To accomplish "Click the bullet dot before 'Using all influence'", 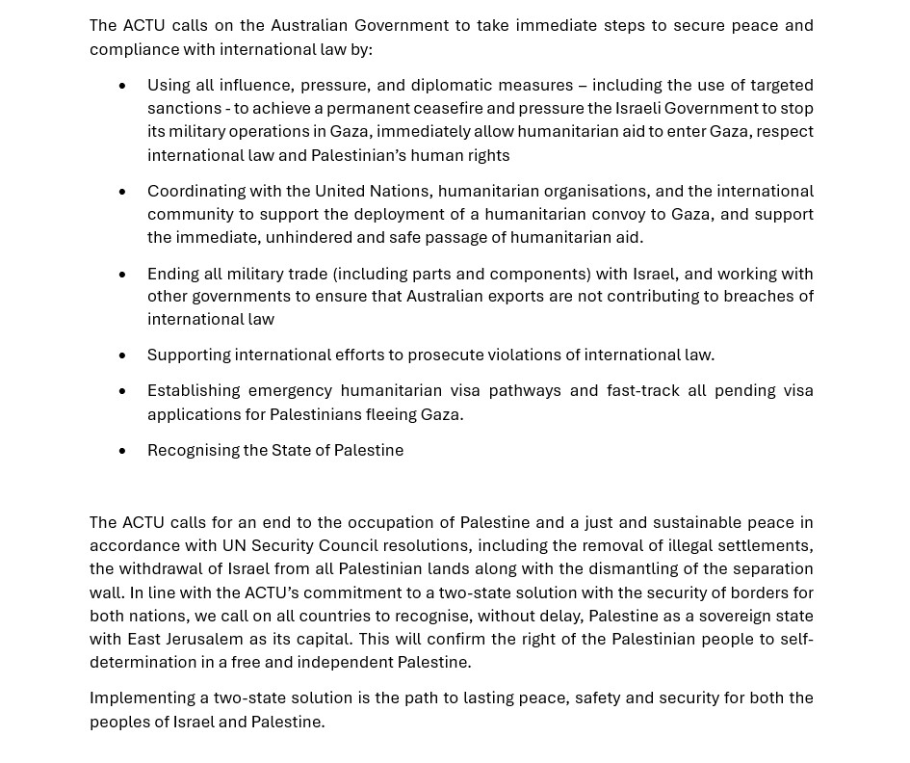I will (x=122, y=86).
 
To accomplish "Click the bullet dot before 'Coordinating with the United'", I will (x=122, y=192).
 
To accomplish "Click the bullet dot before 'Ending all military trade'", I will (x=122, y=275).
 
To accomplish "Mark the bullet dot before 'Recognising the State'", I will (x=122, y=451).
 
